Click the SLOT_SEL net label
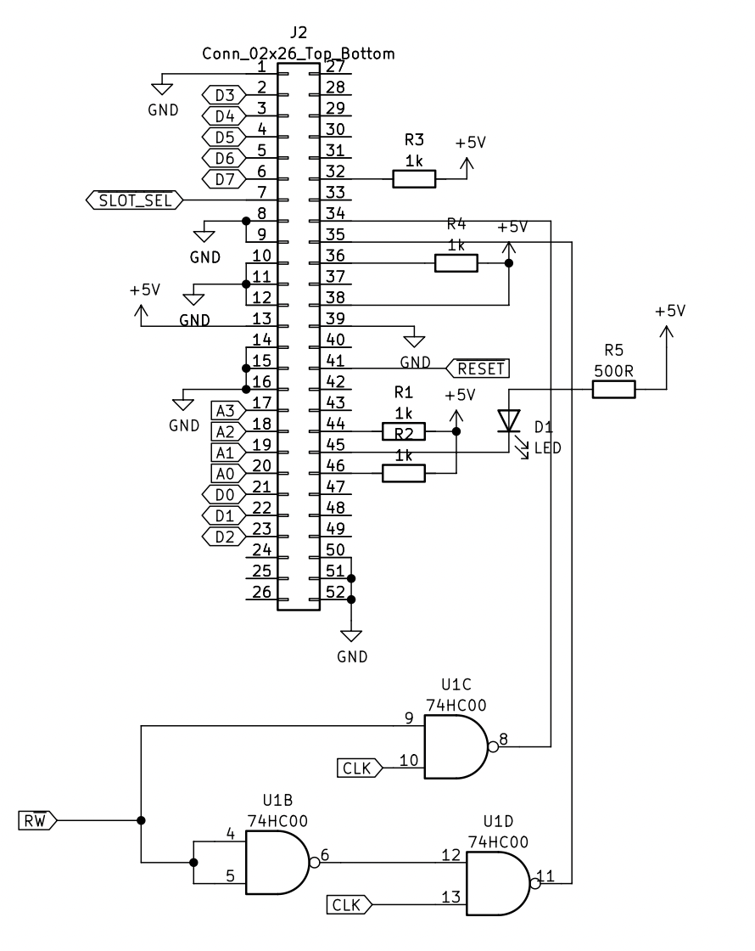(135, 200)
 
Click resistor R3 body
(414, 178)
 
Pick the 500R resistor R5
(613, 390)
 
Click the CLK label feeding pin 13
(347, 905)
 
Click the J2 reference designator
(298, 33)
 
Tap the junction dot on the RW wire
(140, 820)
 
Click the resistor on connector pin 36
(456, 263)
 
